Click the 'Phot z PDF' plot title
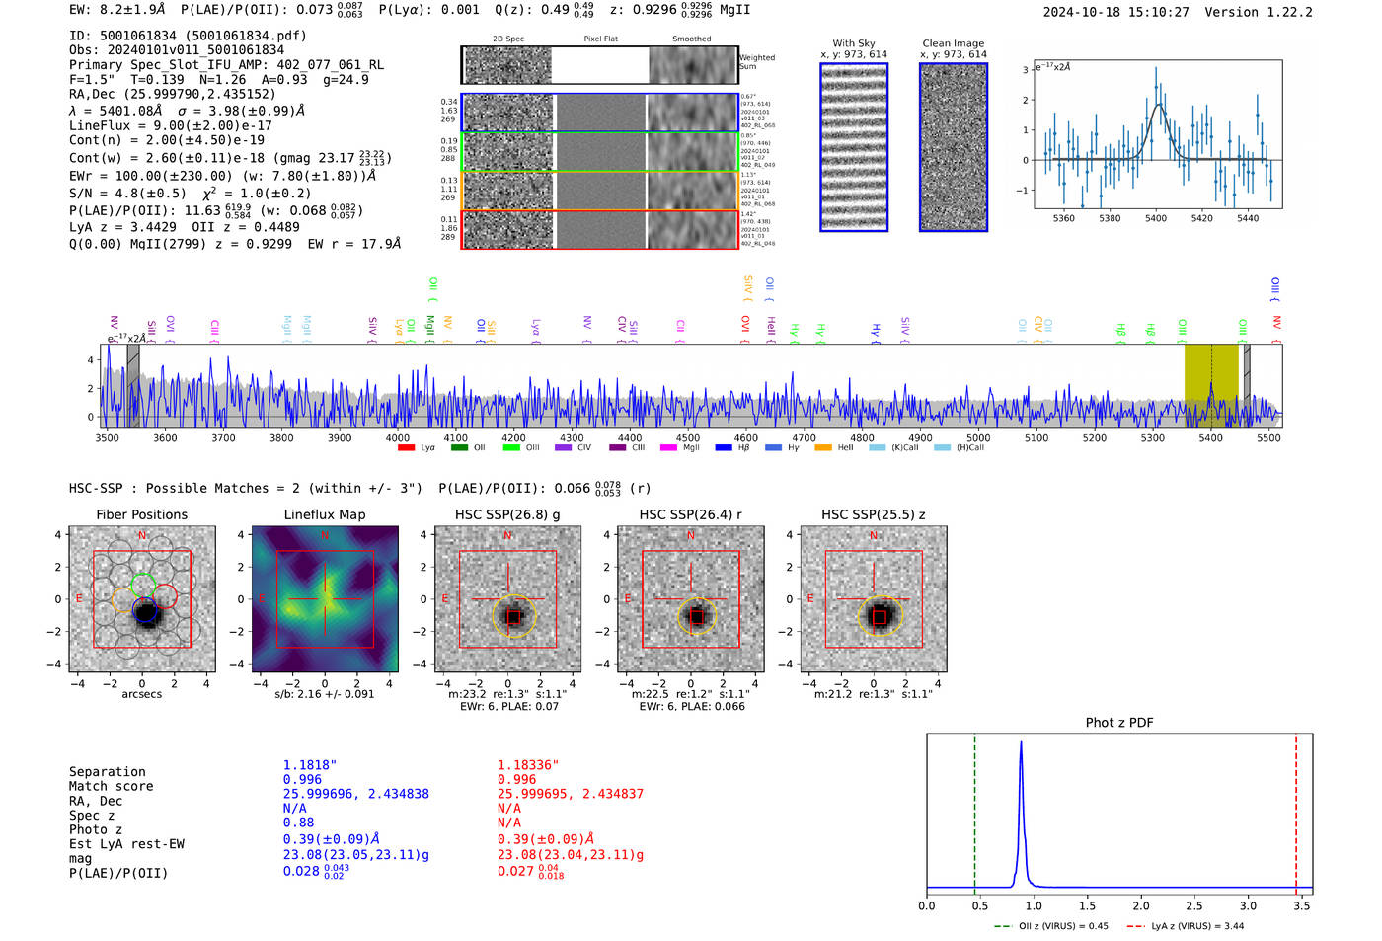(1119, 723)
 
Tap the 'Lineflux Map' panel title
(325, 514)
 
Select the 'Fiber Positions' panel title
(142, 514)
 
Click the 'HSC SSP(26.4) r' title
(690, 514)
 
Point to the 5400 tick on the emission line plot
(1156, 218)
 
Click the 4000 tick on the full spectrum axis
(398, 438)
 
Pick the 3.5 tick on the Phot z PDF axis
(1302, 905)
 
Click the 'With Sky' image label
(854, 43)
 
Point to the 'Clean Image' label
(954, 43)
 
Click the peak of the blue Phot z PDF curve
(1021, 743)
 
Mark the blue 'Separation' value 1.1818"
(310, 765)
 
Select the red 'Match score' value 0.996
(517, 779)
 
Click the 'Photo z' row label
(96, 829)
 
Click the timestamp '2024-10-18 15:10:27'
(1115, 12)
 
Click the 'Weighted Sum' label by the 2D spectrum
(757, 62)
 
